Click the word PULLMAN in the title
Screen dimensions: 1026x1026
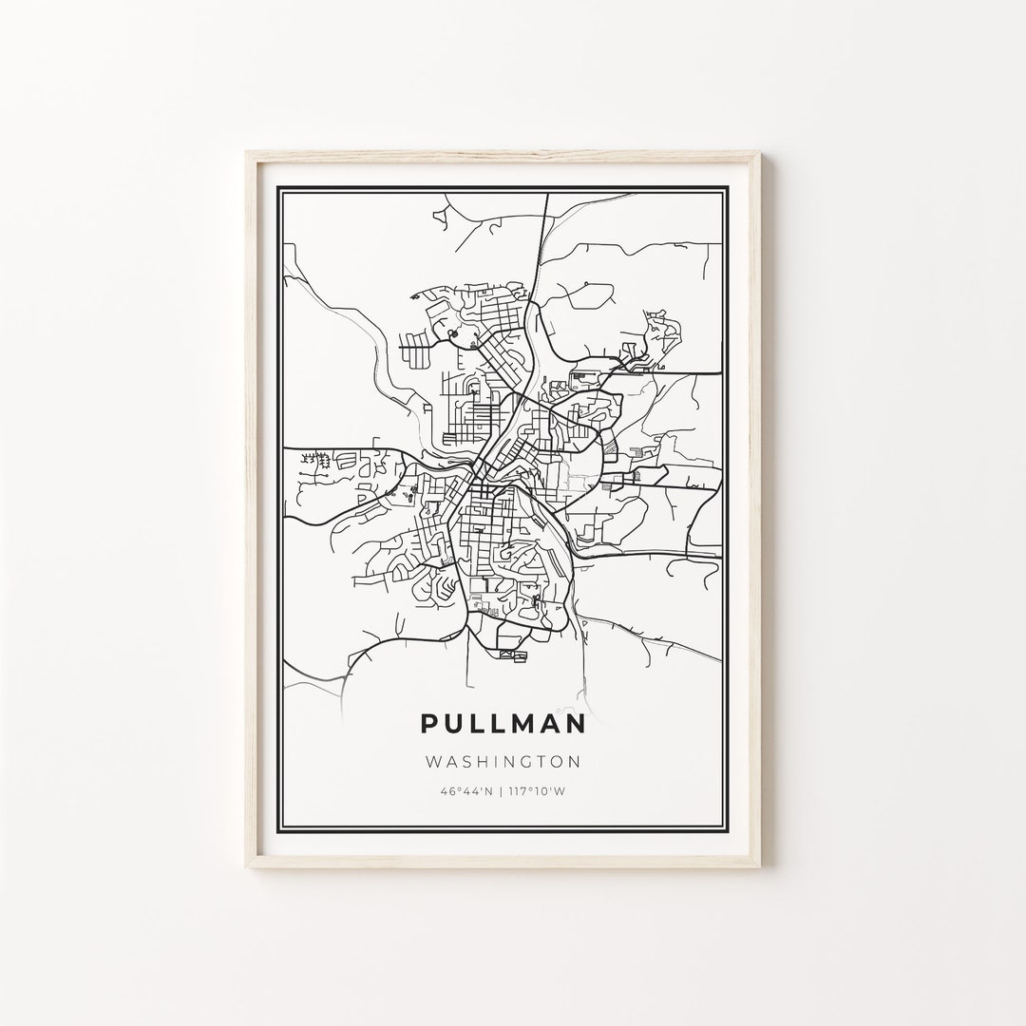point(503,724)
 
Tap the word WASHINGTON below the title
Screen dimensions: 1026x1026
point(503,761)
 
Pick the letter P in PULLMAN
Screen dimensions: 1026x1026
point(429,724)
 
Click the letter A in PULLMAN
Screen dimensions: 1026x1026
point(549,724)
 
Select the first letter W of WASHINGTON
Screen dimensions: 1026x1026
point(433,761)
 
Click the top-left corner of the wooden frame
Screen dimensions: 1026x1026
point(246,147)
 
